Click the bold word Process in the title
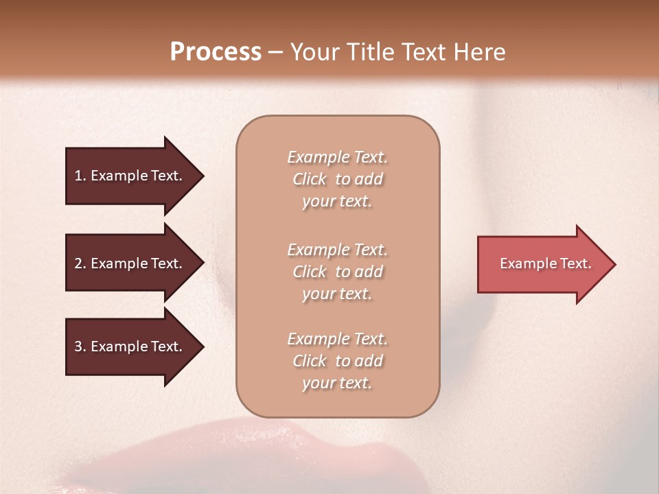click(x=216, y=52)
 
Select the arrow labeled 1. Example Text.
click(x=130, y=176)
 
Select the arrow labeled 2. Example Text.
click(x=130, y=263)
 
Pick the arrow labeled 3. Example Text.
click(x=130, y=346)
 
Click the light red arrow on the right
click(x=542, y=264)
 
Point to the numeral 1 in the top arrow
click(x=78, y=176)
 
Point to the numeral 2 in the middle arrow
click(x=78, y=263)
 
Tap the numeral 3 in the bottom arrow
click(x=78, y=346)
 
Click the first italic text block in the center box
click(x=337, y=179)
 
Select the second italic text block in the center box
click(x=337, y=272)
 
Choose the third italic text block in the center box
click(x=337, y=361)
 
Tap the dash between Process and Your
click(x=275, y=53)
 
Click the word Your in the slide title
click(x=314, y=52)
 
